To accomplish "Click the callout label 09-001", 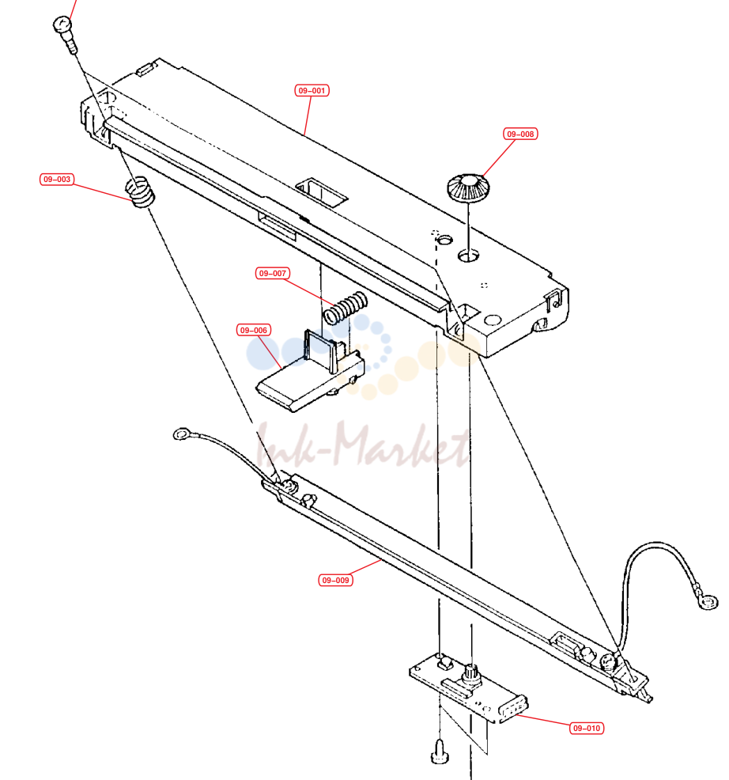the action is (312, 90).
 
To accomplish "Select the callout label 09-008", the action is (520, 134).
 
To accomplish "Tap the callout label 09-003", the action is (57, 179).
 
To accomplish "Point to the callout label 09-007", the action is (273, 273).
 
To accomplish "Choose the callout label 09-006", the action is (254, 330).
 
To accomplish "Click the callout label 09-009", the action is (336, 580).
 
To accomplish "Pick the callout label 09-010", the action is (587, 729).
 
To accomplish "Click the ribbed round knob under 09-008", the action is (468, 187).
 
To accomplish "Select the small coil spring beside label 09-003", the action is (140, 192).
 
